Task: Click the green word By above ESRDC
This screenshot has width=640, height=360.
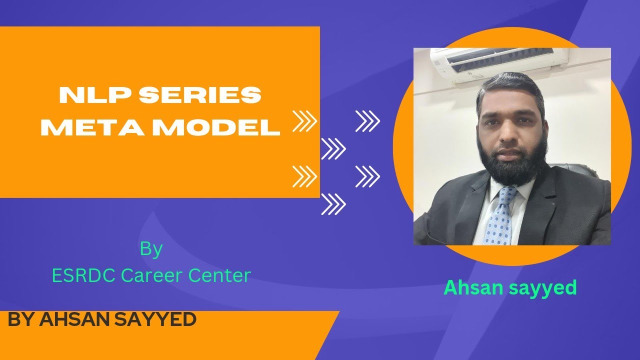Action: pos(151,249)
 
